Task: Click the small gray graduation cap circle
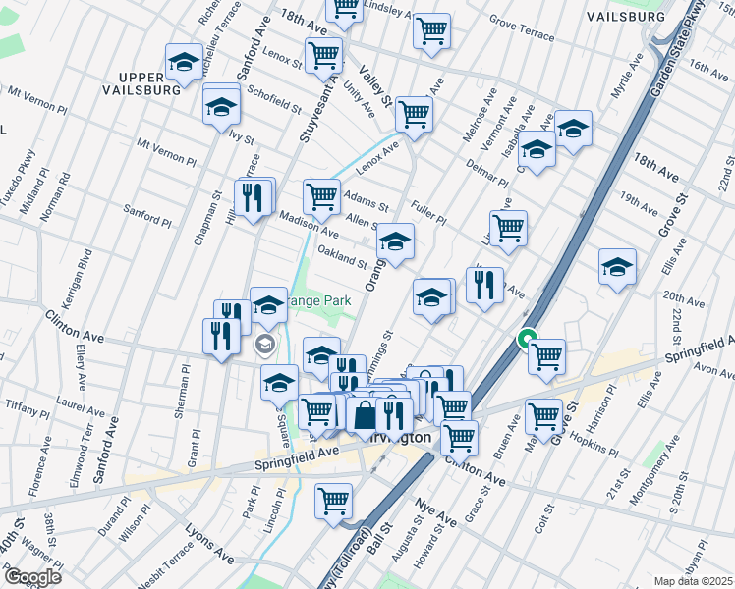click(x=264, y=345)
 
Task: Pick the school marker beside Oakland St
click(x=395, y=241)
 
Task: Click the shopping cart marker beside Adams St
click(x=321, y=196)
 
